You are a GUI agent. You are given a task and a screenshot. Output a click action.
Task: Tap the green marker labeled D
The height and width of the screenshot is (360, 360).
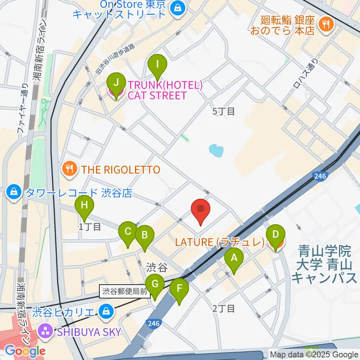(275, 235)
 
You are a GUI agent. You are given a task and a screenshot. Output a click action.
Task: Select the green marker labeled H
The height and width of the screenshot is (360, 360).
(84, 206)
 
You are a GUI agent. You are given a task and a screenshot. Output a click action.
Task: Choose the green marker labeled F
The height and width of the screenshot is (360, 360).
(179, 289)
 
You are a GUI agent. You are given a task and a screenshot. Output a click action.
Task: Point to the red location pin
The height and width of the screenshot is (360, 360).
(201, 210)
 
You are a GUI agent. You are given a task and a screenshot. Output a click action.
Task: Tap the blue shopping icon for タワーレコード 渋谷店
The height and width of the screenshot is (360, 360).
(14, 192)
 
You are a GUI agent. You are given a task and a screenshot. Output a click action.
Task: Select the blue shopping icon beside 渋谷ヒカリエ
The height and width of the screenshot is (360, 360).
(106, 311)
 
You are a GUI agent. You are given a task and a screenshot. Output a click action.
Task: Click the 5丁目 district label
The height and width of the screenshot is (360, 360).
(223, 111)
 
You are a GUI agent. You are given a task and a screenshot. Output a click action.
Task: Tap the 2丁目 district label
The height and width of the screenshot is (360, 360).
(223, 309)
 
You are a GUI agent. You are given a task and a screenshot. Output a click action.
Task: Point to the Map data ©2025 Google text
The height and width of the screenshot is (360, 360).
(314, 354)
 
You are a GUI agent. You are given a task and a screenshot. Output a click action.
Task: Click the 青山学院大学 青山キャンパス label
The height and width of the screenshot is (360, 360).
(324, 264)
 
